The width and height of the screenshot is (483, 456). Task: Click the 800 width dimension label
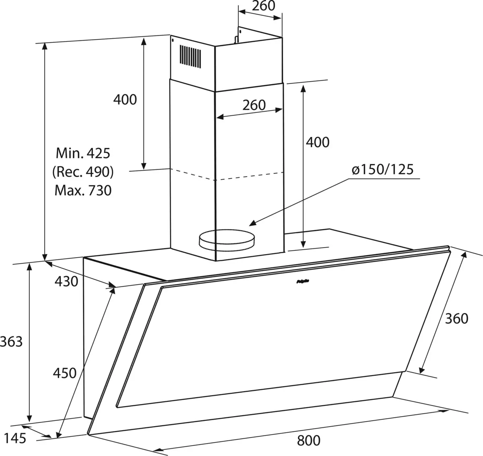click(309, 440)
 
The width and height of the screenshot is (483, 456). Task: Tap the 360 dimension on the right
click(457, 319)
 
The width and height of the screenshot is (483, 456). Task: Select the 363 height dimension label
click(12, 341)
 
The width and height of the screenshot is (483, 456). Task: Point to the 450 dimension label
click(64, 373)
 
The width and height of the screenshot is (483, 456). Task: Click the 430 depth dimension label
click(66, 281)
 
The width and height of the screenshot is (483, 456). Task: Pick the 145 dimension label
click(15, 437)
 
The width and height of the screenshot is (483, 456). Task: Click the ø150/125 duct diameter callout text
click(382, 169)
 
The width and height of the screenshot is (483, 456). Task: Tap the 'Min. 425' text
click(83, 153)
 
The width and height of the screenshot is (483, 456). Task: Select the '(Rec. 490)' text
click(83, 172)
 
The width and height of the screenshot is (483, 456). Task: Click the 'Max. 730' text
click(83, 190)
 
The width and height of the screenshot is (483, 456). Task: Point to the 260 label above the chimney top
click(263, 6)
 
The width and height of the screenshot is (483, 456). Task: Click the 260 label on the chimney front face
click(254, 105)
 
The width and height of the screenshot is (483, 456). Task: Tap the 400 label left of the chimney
click(125, 99)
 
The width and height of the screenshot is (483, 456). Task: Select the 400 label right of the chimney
click(318, 142)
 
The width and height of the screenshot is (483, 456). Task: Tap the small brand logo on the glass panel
click(302, 283)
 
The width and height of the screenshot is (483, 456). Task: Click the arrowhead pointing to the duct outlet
click(252, 223)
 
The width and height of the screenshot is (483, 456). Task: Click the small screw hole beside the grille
click(172, 41)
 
